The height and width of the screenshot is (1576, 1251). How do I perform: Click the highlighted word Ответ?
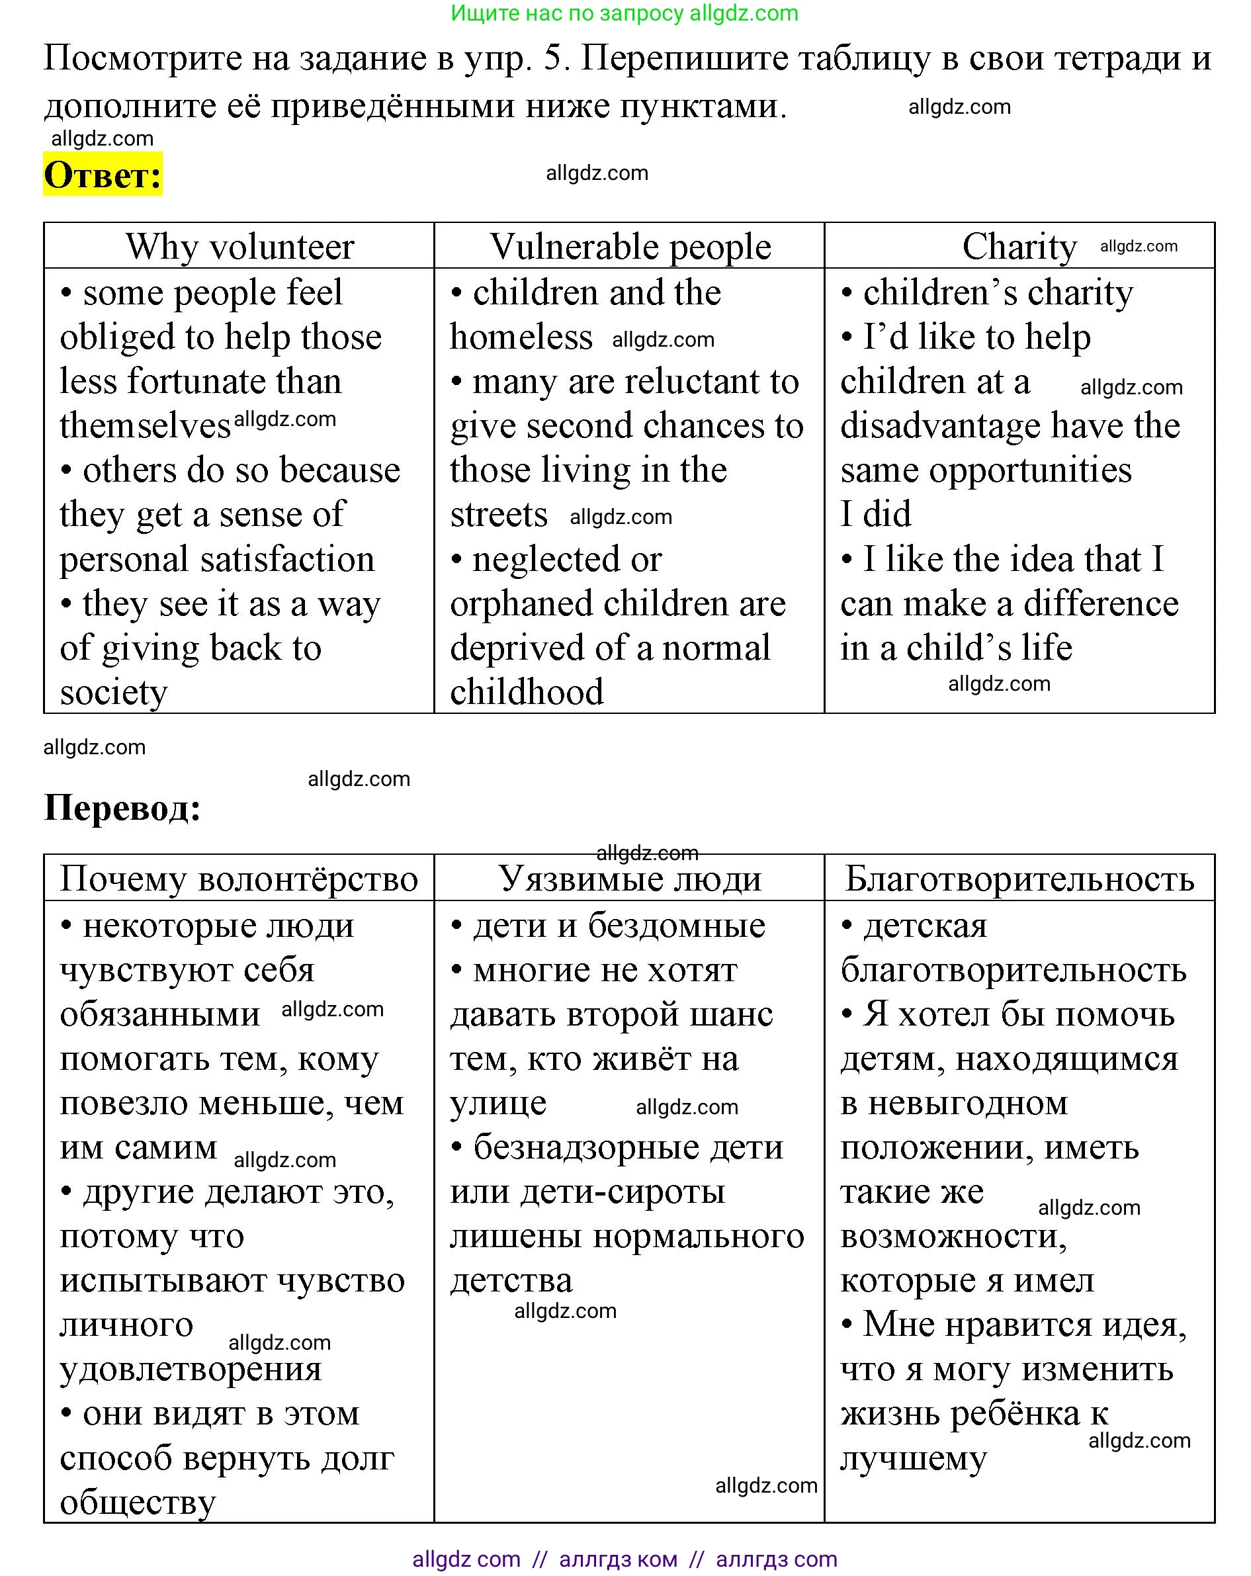click(x=103, y=175)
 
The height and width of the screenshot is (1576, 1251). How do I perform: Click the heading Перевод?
click(x=122, y=809)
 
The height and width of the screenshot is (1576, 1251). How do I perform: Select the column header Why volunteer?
click(x=239, y=246)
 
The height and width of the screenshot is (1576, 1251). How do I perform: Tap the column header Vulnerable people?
click(x=630, y=246)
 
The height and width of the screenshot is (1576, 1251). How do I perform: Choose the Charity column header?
click(x=1019, y=246)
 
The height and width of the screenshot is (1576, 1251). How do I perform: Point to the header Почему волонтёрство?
click(x=239, y=879)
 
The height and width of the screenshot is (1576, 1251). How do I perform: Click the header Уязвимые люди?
click(x=630, y=879)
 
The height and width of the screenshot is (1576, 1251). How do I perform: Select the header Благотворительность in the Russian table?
click(x=1019, y=879)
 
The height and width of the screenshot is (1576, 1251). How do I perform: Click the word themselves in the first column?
click(x=145, y=425)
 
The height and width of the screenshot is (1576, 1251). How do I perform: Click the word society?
click(x=113, y=692)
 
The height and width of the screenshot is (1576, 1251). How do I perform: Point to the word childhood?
click(x=527, y=692)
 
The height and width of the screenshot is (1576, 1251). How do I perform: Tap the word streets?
click(x=498, y=515)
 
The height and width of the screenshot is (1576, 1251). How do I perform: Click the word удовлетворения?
click(x=190, y=1368)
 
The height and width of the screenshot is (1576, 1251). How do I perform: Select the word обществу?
click(x=138, y=1502)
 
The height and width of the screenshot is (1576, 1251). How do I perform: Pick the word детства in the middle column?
click(x=511, y=1280)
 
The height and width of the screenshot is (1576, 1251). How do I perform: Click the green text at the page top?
click(x=624, y=13)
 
